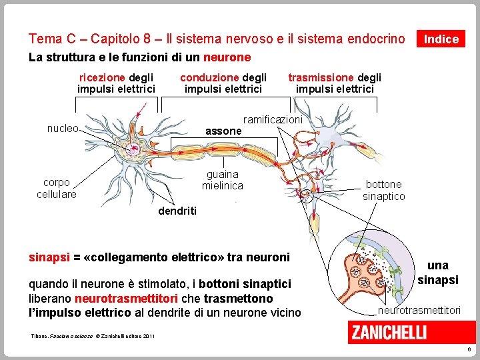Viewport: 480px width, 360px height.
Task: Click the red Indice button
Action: click(x=441, y=39)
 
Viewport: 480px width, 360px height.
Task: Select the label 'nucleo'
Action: click(x=63, y=128)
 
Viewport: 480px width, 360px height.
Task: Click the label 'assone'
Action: click(x=223, y=131)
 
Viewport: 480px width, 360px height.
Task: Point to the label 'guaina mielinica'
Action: click(x=223, y=180)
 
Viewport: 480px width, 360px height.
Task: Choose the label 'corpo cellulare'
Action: click(x=56, y=188)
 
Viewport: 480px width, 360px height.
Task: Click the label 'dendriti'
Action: click(x=177, y=211)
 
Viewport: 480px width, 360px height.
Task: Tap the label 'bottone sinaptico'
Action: click(x=383, y=190)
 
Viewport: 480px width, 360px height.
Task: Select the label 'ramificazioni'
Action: click(x=273, y=119)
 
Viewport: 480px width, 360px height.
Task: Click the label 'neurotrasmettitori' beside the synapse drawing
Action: click(x=419, y=311)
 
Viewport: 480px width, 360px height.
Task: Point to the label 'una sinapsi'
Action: click(x=437, y=273)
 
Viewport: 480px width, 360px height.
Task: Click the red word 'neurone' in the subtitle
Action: click(x=227, y=57)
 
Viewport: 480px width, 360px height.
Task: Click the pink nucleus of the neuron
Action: click(x=135, y=148)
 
